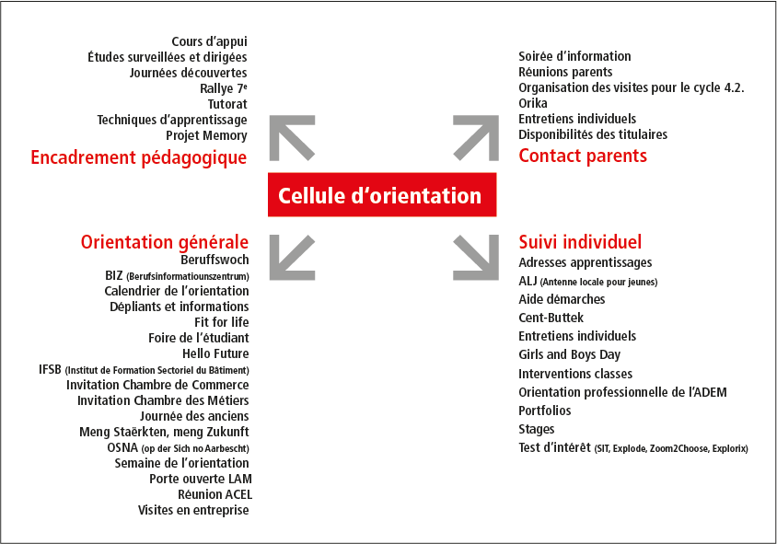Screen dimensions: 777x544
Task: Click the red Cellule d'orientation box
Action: (382, 195)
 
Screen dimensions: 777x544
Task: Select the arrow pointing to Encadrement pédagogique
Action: (292, 138)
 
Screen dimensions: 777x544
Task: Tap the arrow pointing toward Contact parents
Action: (476, 138)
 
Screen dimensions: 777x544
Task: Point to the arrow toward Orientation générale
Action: (292, 258)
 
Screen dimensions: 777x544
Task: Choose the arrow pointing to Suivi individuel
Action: (476, 258)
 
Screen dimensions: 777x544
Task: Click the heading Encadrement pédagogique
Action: (139, 157)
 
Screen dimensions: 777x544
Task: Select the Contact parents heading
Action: (583, 156)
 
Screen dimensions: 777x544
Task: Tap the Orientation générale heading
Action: (165, 242)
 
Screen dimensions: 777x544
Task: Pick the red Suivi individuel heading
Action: (580, 242)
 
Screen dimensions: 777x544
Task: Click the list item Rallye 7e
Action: (224, 88)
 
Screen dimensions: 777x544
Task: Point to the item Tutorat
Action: (227, 104)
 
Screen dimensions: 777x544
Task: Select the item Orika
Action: (533, 103)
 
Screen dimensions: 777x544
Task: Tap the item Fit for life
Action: (222, 322)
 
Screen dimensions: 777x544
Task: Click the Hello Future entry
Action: (215, 353)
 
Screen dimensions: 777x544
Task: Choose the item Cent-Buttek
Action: (551, 318)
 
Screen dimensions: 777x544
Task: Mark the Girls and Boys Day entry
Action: (570, 354)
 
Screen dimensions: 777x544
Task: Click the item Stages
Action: (537, 429)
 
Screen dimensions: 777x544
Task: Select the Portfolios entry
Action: (545, 411)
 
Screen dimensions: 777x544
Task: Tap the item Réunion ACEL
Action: (215, 494)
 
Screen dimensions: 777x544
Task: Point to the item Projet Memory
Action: (206, 135)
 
